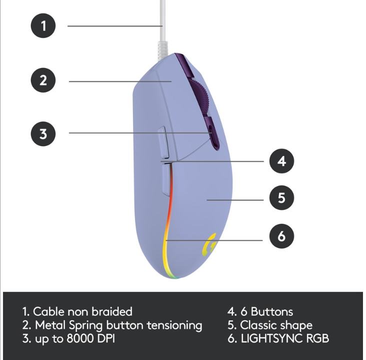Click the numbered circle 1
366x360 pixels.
[44, 25]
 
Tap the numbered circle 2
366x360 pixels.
[44, 80]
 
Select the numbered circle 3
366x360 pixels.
[44, 133]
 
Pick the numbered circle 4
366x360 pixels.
[281, 161]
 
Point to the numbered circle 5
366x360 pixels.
[281, 198]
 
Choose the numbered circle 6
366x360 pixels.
[281, 236]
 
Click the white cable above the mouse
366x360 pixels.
[162, 20]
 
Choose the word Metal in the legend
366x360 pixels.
[50, 325]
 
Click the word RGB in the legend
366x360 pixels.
[316, 338]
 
